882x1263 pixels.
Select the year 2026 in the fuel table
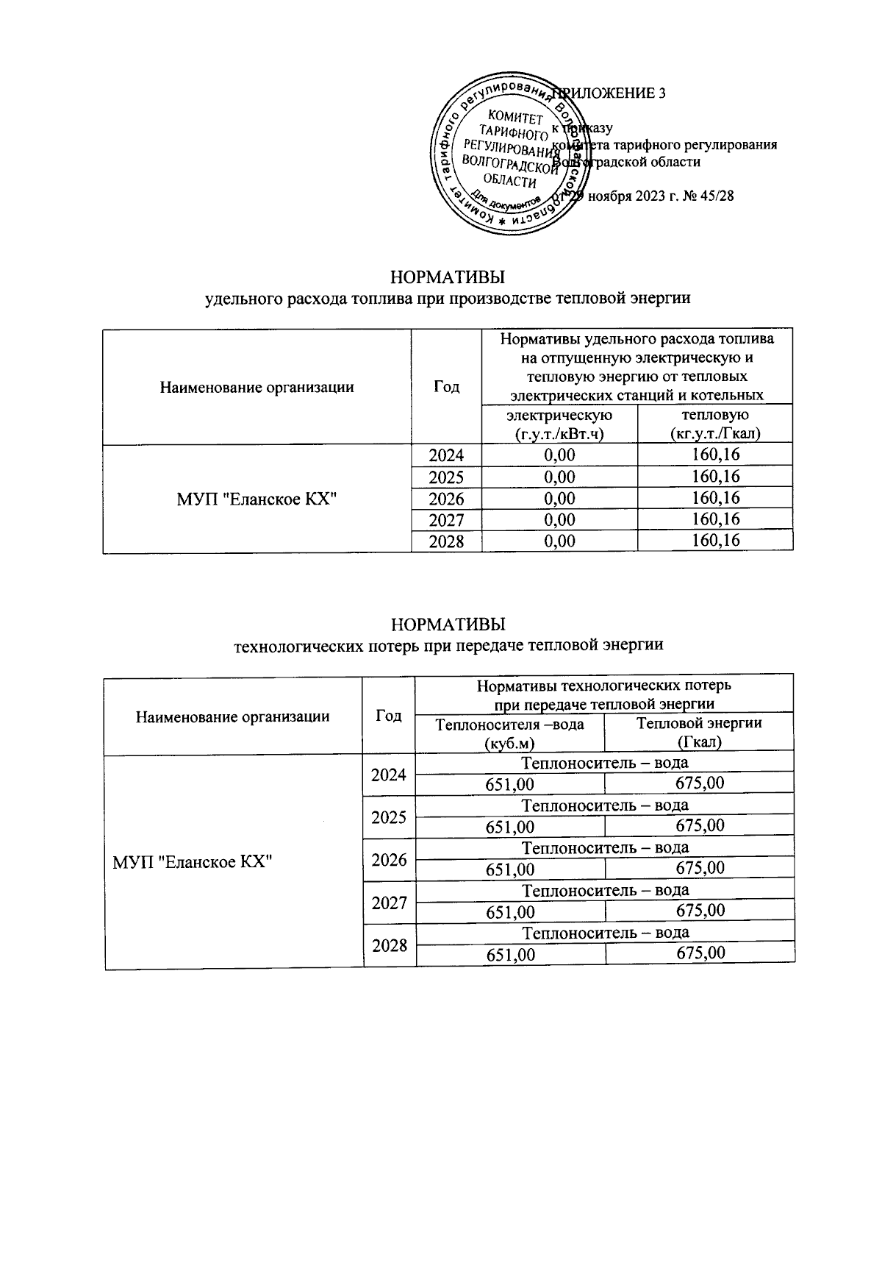(446, 499)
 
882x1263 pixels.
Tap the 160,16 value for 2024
(715, 455)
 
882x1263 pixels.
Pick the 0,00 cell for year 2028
(559, 542)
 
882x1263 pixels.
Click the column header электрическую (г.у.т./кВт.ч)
(559, 424)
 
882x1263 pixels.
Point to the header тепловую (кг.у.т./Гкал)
(715, 424)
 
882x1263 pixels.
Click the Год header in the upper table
(446, 387)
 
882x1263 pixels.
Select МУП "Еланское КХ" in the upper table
(257, 499)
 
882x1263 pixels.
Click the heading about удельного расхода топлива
(448, 299)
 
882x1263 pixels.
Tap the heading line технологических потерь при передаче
(448, 646)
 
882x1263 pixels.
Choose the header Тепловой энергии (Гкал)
(699, 733)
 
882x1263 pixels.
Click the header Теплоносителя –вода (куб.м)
(510, 733)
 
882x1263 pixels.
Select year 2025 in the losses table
(389, 817)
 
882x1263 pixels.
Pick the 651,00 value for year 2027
(510, 912)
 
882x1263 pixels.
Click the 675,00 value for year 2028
(700, 954)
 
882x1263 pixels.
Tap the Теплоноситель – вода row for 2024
(605, 761)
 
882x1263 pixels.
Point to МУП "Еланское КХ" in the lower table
(193, 861)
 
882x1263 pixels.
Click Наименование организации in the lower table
(232, 716)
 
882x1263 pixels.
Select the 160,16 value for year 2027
(715, 520)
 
